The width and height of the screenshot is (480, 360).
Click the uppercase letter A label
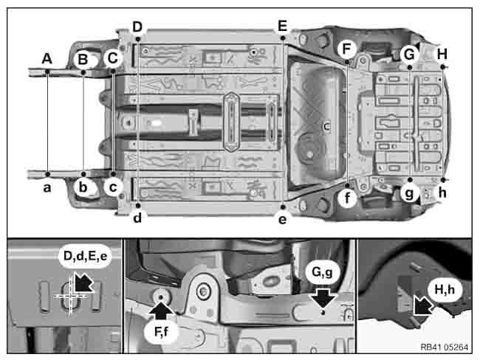(47, 58)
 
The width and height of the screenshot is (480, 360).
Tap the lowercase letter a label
(47, 187)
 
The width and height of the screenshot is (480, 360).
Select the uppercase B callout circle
(83, 59)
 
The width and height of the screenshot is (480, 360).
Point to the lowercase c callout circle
(113, 187)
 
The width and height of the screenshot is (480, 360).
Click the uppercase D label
(137, 27)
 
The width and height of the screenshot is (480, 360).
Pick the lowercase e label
(282, 219)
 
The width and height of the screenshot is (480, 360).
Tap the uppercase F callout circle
(347, 49)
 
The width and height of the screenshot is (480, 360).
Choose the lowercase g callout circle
(409, 193)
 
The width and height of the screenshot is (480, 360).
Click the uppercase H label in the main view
(442, 54)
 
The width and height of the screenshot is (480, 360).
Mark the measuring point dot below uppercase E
(283, 38)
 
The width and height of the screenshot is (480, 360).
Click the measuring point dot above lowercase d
(138, 206)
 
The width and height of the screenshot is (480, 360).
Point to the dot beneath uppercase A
(47, 72)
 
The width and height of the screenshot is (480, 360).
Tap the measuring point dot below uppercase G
(410, 66)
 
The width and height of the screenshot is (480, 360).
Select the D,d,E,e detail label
(85, 256)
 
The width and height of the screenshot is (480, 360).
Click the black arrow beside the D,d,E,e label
(84, 282)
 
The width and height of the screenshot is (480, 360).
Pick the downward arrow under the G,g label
(323, 297)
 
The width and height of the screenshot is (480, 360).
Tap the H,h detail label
(445, 290)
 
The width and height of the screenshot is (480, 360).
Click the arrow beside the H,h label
(423, 305)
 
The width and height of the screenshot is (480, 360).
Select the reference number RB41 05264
(444, 347)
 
